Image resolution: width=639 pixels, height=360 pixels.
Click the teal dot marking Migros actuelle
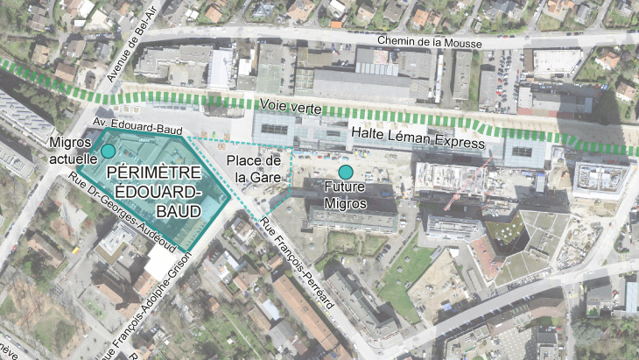pyautogui.click(x=108, y=152)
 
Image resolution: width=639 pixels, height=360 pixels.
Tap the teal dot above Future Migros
pyautogui.click(x=346, y=172)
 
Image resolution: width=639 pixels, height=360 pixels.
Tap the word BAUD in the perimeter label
pyautogui.click(x=178, y=212)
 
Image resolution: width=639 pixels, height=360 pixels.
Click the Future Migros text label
pyautogui.click(x=348, y=195)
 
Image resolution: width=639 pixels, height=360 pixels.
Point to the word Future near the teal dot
pyautogui.click(x=347, y=187)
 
